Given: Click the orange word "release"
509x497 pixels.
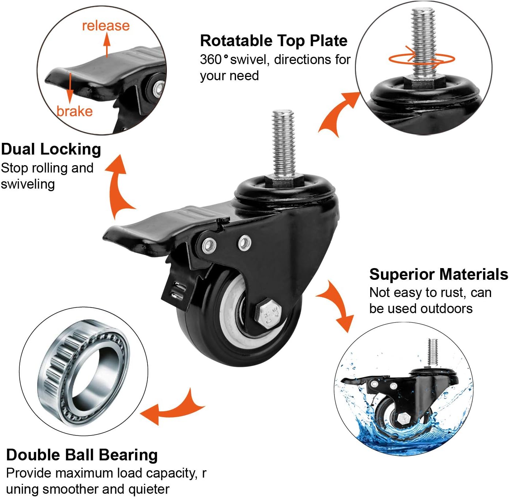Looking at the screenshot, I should tap(106, 26).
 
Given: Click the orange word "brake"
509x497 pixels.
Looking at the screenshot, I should tap(75, 111).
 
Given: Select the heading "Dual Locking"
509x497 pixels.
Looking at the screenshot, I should tap(51, 149).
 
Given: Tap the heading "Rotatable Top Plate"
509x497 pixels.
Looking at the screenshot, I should tap(273, 41).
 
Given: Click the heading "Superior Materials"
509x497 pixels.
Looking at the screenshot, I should tap(438, 274).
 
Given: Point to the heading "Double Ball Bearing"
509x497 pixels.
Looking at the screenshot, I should tap(82, 455).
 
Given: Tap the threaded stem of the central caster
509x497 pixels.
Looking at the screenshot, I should tap(284, 143).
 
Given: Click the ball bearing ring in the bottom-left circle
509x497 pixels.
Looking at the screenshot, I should tap(84, 372).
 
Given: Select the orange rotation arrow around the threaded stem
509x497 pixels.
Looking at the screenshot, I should tap(421, 59).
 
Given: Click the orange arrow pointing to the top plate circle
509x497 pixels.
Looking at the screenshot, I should tap(338, 114).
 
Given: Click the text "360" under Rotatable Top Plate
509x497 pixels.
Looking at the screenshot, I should tap(211, 59).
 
